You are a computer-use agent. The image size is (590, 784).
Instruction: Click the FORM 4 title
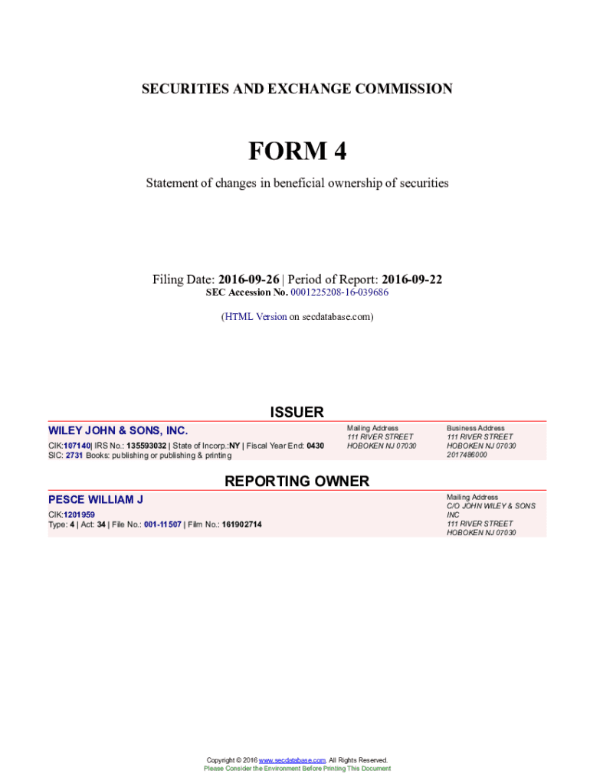297,152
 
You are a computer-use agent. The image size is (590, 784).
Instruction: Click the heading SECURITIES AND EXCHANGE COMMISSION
297,89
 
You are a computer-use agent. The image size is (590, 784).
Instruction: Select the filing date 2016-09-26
248,279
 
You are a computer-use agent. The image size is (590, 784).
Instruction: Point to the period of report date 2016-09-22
411,279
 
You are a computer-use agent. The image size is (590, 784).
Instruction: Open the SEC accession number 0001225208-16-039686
339,292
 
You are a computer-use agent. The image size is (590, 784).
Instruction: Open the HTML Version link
255,316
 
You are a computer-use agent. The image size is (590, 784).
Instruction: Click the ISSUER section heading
297,412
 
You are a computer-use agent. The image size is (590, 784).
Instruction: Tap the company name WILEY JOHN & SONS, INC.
118,430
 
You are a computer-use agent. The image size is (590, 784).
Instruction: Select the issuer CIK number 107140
77,446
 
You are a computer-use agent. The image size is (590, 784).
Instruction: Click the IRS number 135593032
146,446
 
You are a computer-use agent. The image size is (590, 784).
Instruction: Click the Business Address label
475,428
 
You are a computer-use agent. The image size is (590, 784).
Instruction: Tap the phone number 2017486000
467,455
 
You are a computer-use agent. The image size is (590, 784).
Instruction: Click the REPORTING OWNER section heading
297,481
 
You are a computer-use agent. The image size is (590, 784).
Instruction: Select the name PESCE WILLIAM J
96,499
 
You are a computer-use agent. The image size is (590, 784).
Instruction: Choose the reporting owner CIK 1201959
79,514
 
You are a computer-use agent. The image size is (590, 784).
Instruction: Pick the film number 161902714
241,524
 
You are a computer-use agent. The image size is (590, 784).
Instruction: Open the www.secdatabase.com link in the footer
293,759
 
